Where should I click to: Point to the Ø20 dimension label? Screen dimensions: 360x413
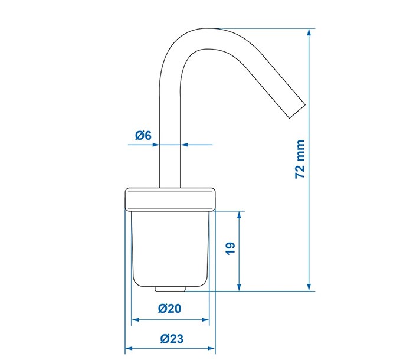click(170, 308)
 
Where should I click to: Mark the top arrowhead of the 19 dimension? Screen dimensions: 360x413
click(239, 214)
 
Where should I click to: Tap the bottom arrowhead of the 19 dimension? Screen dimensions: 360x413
click(239, 287)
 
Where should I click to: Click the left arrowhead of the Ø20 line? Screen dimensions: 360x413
click(134, 320)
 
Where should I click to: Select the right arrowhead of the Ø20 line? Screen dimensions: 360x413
click(206, 320)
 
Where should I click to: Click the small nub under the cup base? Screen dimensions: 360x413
click(170, 289)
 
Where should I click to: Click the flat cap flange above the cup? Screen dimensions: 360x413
click(171, 199)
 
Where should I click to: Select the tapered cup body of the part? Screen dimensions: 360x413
click(170, 248)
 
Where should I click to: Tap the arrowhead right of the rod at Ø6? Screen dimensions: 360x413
click(185, 143)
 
